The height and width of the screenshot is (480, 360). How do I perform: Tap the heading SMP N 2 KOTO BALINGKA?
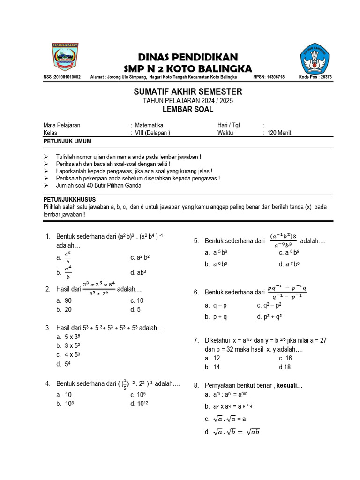coord(187,68)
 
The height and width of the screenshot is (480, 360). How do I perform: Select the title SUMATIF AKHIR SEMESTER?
coord(187,91)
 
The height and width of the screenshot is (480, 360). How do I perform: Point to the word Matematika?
coord(149,125)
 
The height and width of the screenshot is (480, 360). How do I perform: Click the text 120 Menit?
coord(279,133)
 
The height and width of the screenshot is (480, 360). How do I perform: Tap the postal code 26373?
coord(324,77)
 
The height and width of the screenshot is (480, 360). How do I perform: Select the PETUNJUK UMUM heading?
coord(67,141)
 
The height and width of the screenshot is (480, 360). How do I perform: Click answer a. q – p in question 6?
coord(216,305)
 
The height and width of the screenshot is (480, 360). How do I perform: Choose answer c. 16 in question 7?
coord(285,358)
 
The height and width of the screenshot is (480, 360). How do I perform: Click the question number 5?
coord(196,241)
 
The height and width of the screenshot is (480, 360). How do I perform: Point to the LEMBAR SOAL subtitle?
coord(187,110)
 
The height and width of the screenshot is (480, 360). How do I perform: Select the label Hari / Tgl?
coord(229,125)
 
